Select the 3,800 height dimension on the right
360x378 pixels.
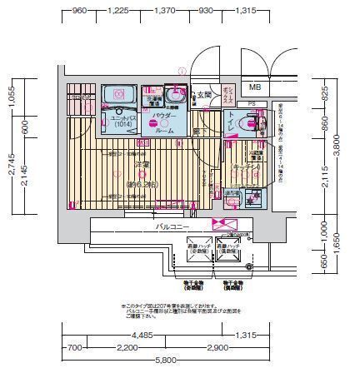pos(344,146)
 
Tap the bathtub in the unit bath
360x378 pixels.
pos(122,98)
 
